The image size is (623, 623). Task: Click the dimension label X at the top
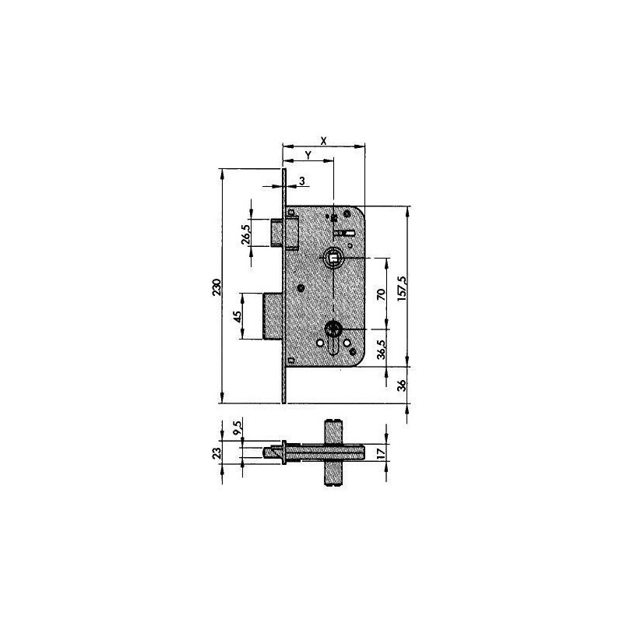tap(323, 140)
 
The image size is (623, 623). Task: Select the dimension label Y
tap(308, 155)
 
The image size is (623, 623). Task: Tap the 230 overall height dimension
tap(216, 287)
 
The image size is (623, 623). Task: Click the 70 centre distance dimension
tap(381, 294)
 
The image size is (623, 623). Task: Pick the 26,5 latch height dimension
tap(245, 234)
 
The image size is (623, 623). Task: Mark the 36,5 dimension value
tap(382, 349)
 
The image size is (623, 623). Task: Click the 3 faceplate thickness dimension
tap(302, 181)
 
